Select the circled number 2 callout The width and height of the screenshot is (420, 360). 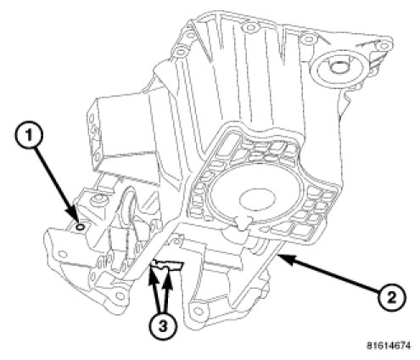392,298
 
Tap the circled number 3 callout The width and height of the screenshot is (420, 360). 162,325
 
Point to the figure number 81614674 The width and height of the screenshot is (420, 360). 389,346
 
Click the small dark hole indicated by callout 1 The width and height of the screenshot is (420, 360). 80,227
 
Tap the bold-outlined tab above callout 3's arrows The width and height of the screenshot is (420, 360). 167,265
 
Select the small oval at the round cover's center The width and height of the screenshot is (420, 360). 257,200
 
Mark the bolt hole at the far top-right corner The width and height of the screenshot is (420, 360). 384,46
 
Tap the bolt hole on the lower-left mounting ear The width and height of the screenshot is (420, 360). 120,296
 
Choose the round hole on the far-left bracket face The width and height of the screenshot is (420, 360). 63,254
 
